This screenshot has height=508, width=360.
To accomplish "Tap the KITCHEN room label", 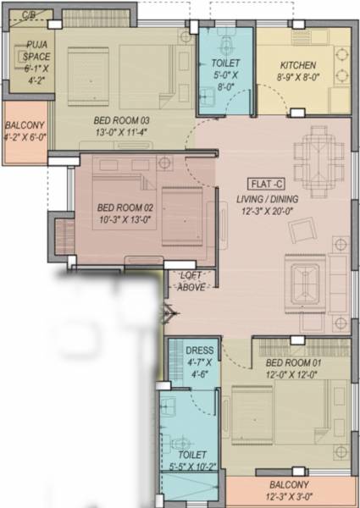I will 298,65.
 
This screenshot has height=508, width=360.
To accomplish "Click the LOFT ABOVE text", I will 190,281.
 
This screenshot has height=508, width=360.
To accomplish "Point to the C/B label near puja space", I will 29,15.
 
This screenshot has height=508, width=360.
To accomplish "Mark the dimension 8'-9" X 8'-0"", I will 298,77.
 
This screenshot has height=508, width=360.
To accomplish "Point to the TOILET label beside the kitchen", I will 225,63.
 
